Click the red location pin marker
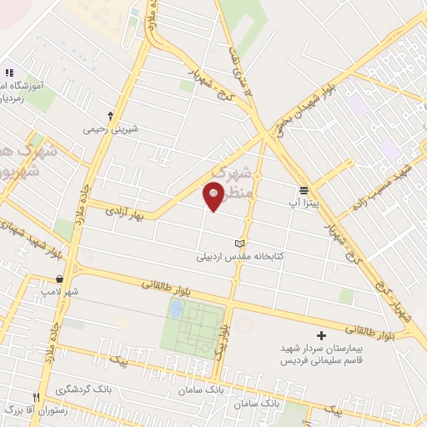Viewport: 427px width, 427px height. (214, 195)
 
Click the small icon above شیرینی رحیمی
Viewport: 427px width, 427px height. (111, 116)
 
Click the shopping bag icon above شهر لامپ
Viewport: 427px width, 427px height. (59, 279)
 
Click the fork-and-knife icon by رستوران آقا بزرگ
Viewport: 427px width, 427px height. (35, 398)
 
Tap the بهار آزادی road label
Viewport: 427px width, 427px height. (126, 213)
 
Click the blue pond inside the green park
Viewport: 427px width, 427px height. (176, 309)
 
